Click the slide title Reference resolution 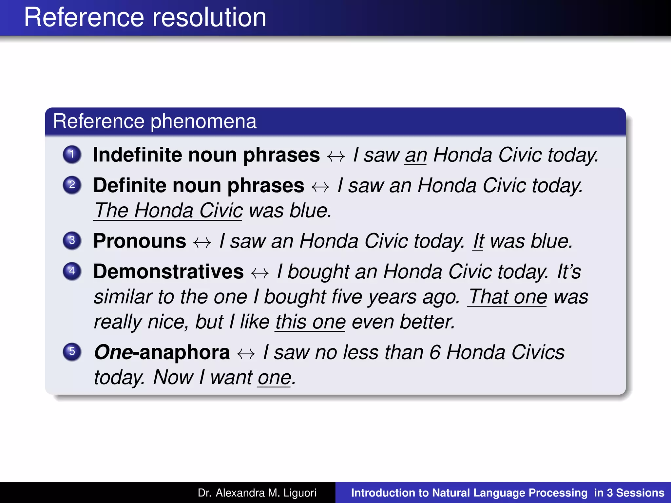click(x=145, y=18)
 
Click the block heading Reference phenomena click(x=155, y=121)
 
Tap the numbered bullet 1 click(x=72, y=154)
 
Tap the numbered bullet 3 click(x=72, y=241)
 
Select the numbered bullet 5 click(x=72, y=352)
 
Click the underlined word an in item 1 click(x=415, y=155)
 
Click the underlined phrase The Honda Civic click(x=168, y=211)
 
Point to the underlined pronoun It click(x=478, y=242)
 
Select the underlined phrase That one click(x=508, y=297)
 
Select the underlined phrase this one click(x=310, y=322)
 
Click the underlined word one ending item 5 click(x=274, y=378)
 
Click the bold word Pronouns click(x=140, y=241)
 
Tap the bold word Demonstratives click(x=168, y=272)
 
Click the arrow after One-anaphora click(x=246, y=354)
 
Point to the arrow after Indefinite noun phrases click(x=336, y=156)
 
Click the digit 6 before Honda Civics click(x=435, y=353)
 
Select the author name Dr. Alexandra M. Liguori click(x=257, y=493)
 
